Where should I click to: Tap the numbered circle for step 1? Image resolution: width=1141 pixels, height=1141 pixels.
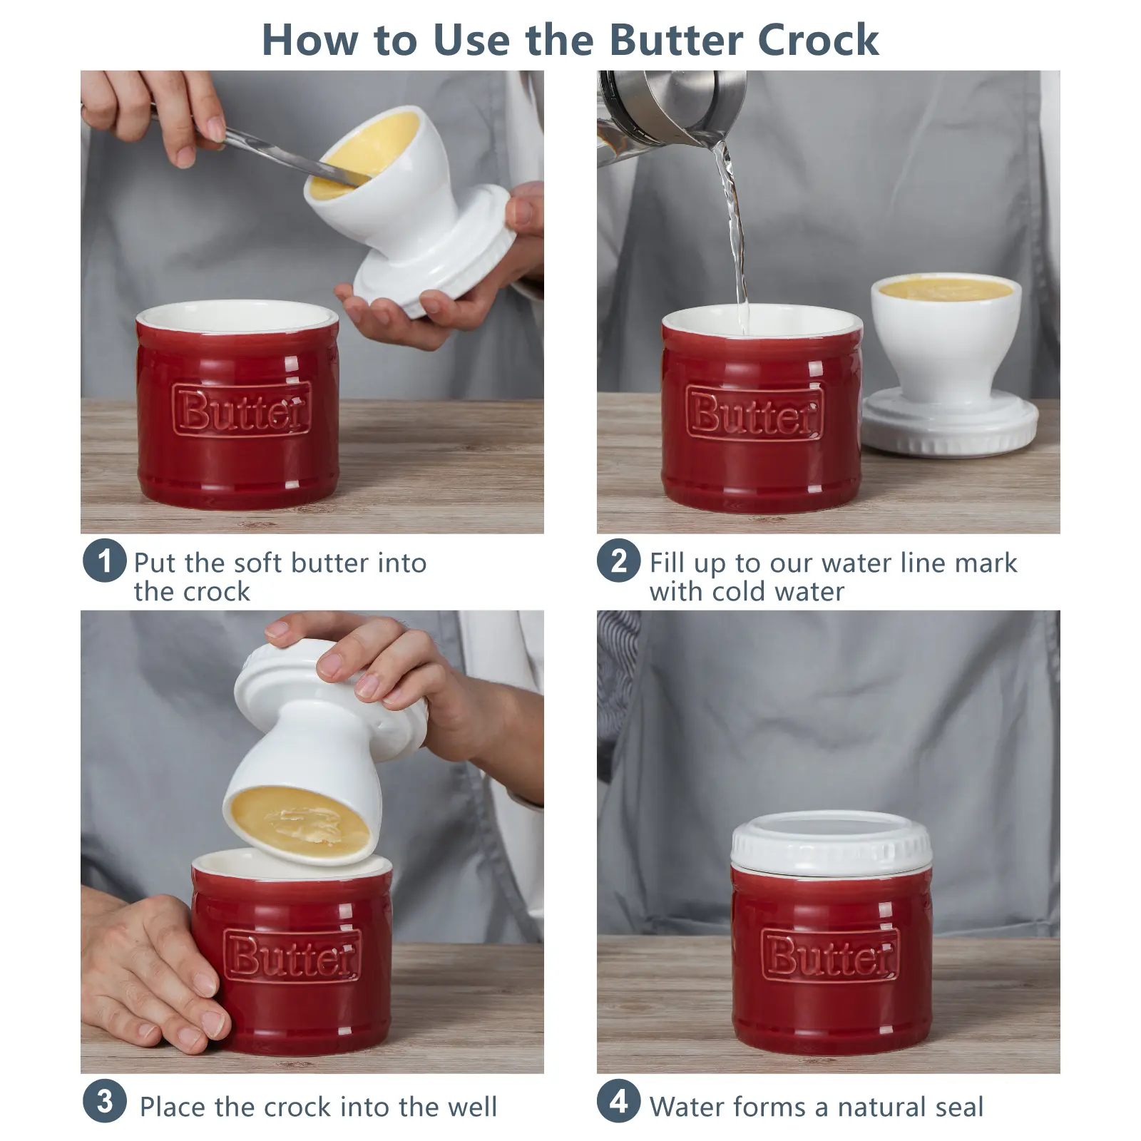(105, 561)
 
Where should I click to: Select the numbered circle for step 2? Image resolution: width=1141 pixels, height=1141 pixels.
(619, 561)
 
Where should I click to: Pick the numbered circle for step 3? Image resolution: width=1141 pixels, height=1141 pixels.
(105, 1101)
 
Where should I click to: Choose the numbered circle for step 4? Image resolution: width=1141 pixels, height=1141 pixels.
(619, 1101)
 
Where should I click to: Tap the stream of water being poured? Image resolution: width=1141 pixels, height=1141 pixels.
(735, 235)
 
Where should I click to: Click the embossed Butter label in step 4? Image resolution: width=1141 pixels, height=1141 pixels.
(830, 953)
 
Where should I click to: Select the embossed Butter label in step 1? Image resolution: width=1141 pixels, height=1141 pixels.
(242, 409)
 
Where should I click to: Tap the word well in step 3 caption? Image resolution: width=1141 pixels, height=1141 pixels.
(472, 1107)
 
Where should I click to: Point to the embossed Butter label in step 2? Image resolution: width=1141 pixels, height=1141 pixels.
(754, 414)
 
